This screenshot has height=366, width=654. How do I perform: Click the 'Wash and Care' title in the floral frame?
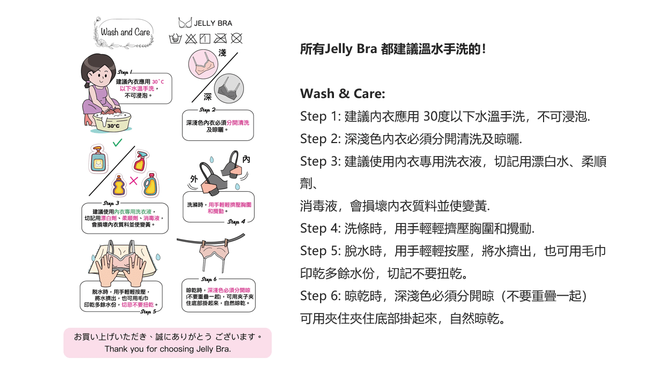click(125, 32)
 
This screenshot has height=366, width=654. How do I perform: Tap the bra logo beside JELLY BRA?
click(185, 23)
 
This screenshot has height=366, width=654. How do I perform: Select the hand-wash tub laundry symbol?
click(175, 39)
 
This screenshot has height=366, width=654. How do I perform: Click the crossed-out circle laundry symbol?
click(236, 39)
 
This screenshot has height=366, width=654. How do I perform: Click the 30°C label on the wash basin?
click(113, 125)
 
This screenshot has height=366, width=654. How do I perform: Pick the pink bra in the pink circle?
click(203, 64)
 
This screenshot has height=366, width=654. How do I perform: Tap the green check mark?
click(117, 143)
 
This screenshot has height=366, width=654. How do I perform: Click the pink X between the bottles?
click(133, 181)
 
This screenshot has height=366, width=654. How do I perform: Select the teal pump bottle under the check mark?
click(98, 160)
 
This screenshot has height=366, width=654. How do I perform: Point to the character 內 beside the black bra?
click(246, 160)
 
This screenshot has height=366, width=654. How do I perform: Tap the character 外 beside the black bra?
click(194, 178)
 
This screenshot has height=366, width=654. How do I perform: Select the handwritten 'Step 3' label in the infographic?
click(111, 203)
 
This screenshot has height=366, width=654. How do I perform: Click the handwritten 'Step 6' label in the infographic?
click(209, 279)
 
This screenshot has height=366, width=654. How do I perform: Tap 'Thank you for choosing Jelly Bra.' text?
click(167, 349)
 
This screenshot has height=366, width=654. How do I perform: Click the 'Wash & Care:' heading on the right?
click(343, 94)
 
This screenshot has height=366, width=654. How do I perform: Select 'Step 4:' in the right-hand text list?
click(318, 228)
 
